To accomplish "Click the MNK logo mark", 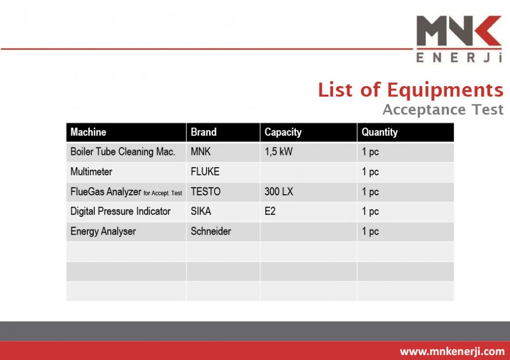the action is (x=459, y=31).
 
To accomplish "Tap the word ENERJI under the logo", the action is (x=459, y=58).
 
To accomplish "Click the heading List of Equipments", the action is (x=411, y=90).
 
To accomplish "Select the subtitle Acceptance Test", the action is (x=443, y=109).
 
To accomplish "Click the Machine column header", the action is (x=88, y=132).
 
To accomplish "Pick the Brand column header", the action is (x=203, y=132).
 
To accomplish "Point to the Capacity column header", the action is (x=283, y=133).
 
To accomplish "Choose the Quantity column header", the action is (x=379, y=133).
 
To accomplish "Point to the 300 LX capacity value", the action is (x=279, y=192).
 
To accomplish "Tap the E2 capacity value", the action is (x=270, y=212).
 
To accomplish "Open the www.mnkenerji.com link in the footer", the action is (x=452, y=351).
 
